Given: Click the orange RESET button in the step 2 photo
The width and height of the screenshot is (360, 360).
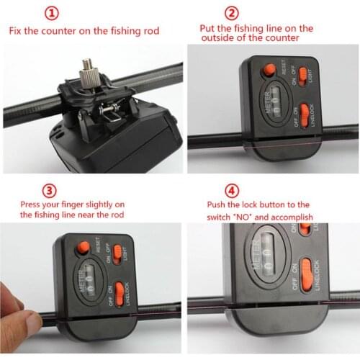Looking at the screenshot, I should pyautogui.click(x=269, y=69).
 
